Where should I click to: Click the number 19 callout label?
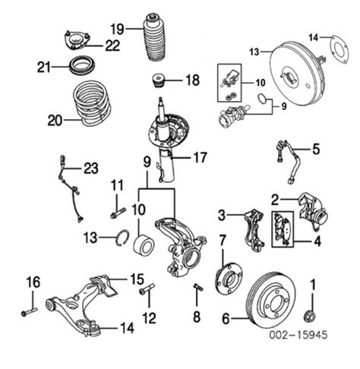[x=116, y=29]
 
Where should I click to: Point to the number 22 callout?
[x=112, y=46]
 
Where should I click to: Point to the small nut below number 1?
[x=310, y=316]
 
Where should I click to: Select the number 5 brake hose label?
[x=316, y=149]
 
